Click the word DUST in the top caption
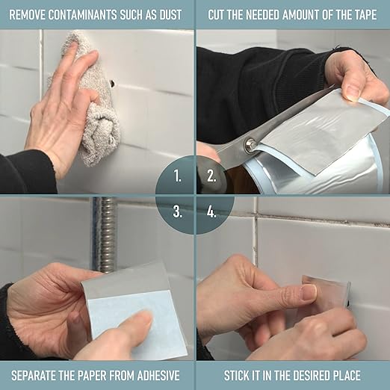(170, 15)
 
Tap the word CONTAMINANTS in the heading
(82, 15)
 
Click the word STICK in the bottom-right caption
(235, 376)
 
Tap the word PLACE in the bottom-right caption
(347, 376)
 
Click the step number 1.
(177, 176)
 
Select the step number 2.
(211, 176)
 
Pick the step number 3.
(177, 212)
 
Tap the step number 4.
(211, 212)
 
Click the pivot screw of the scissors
(249, 144)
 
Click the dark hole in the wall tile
(113, 84)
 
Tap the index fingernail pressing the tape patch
(309, 292)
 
